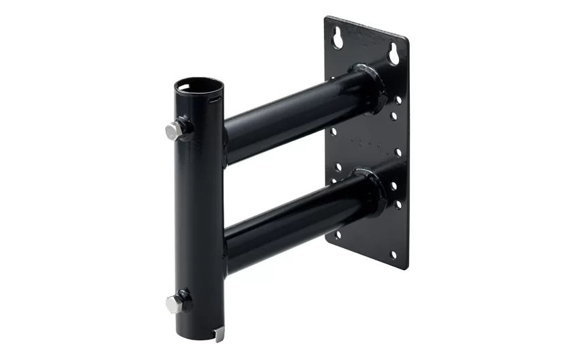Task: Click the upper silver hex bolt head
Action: [x=175, y=130]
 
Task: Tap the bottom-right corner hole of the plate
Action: [x=393, y=254]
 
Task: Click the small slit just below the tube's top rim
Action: [x=215, y=99]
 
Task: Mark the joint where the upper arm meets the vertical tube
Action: [x=225, y=136]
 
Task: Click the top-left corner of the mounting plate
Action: [x=327, y=18]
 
